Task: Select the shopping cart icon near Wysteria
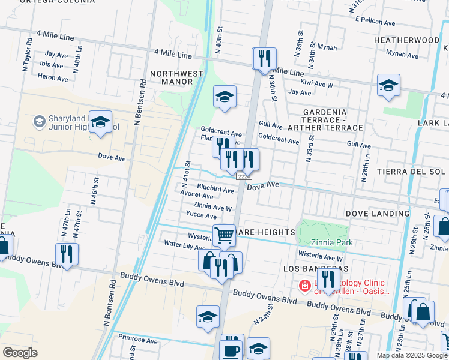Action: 224,235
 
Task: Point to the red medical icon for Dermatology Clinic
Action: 305,286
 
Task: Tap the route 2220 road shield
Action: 243,176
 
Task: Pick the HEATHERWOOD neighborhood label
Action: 406,40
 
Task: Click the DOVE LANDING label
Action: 378,213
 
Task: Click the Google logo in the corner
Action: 20,353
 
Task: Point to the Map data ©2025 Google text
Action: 411,355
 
